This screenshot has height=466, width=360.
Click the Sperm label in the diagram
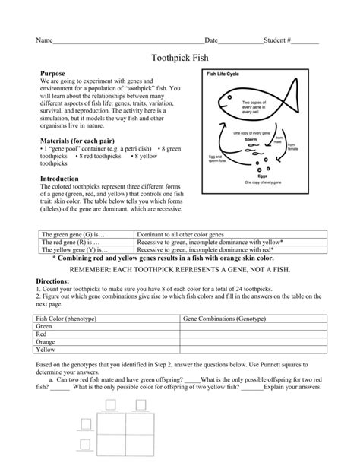[253, 140]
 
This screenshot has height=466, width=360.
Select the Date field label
[212, 40]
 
